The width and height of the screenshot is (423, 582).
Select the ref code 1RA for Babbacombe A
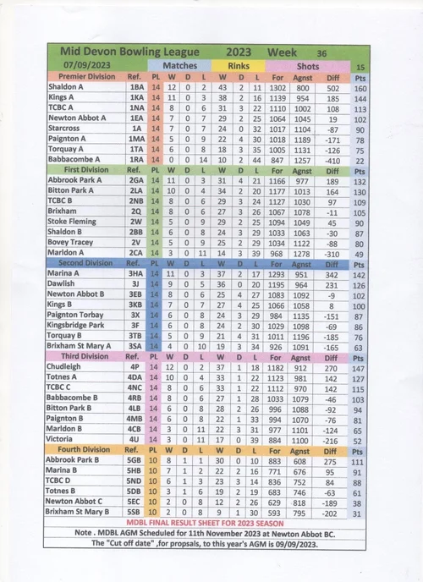pyautogui.click(x=136, y=159)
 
